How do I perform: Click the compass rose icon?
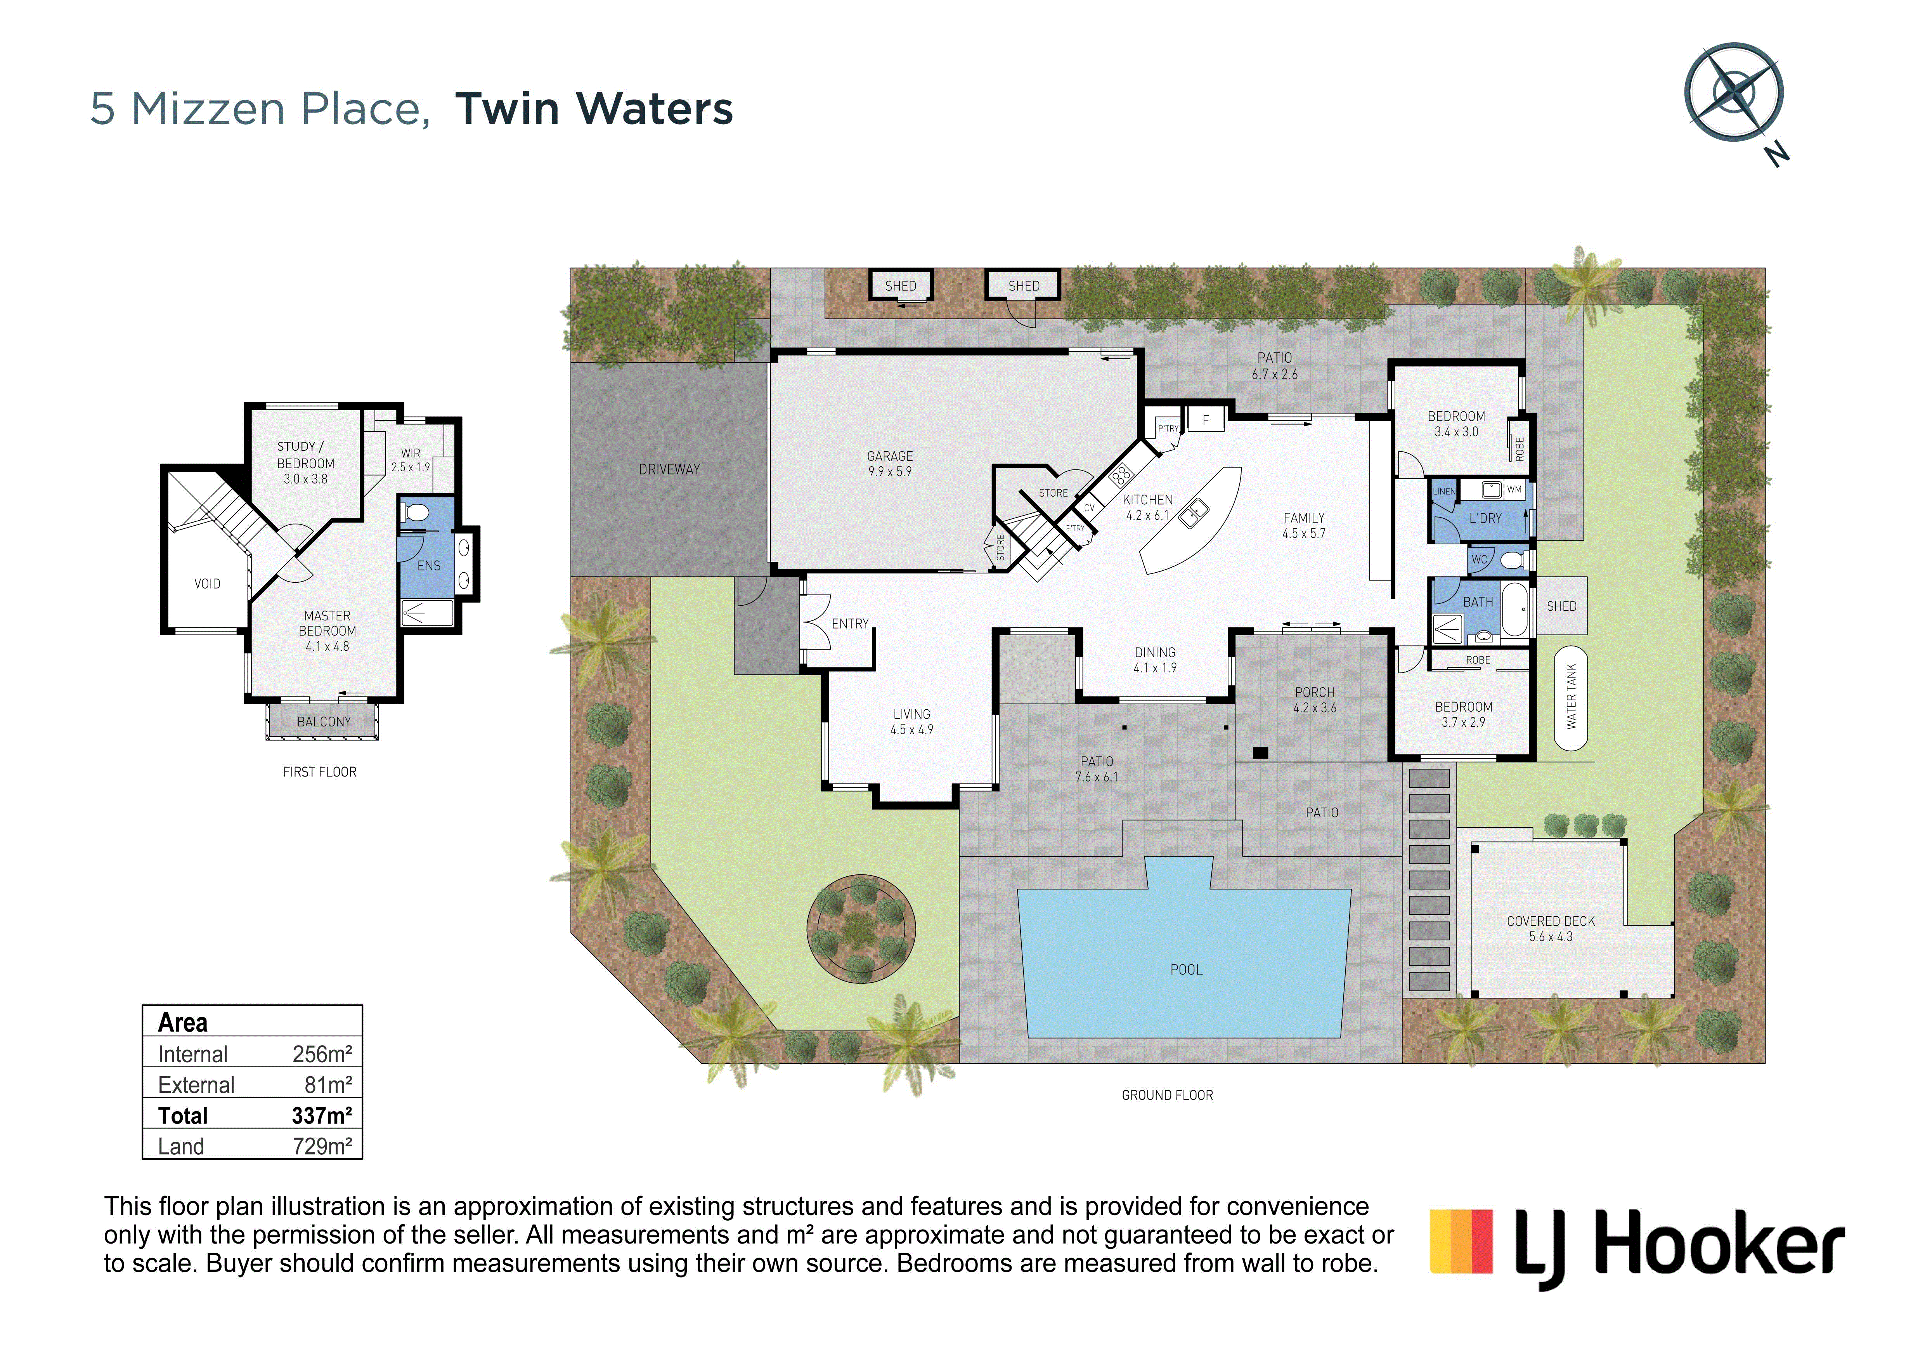coord(1734,92)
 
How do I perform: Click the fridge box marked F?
coord(1206,419)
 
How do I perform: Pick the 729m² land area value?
coord(322,1146)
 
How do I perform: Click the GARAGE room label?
coord(890,456)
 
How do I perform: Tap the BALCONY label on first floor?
coord(324,721)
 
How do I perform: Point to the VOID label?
coord(207,584)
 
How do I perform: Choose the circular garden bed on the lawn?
coord(861,928)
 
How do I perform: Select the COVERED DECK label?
coord(1550,921)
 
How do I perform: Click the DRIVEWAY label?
coord(669,470)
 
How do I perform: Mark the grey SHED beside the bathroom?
coord(1561,606)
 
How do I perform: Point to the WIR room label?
coord(411,453)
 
